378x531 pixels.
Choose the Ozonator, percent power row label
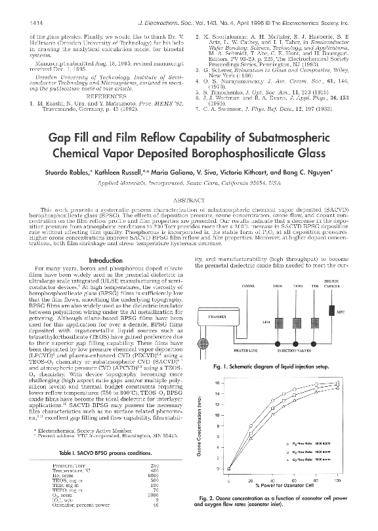75,506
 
